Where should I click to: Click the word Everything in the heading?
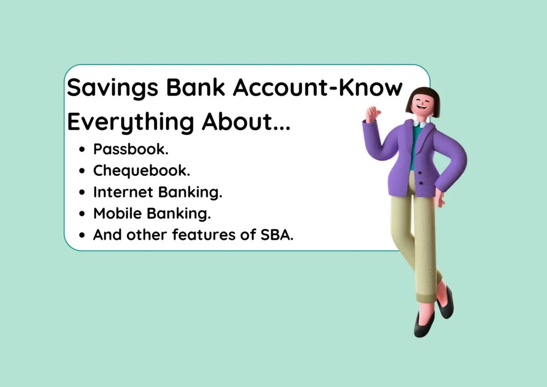tap(130, 122)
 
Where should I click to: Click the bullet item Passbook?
tap(131, 150)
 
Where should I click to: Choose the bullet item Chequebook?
tap(142, 171)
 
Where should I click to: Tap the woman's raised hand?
tap(372, 114)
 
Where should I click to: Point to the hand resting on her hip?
tap(439, 199)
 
